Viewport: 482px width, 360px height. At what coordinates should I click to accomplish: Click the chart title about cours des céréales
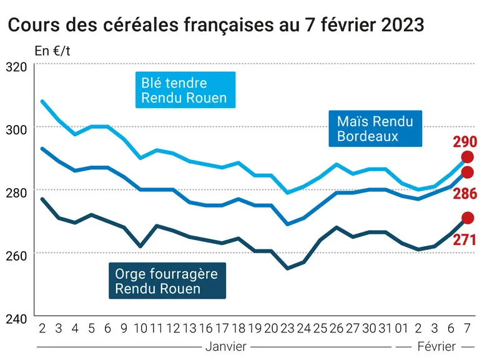click(x=216, y=25)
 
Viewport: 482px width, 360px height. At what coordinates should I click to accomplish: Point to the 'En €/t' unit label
click(x=52, y=51)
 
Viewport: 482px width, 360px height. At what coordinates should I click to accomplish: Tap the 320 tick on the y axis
click(x=17, y=67)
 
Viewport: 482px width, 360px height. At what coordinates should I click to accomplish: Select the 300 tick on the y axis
click(x=17, y=130)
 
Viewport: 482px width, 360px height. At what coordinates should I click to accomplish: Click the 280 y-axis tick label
click(x=17, y=193)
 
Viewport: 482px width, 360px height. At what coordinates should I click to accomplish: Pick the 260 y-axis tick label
click(x=17, y=256)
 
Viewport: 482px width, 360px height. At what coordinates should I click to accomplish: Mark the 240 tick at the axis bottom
click(x=17, y=319)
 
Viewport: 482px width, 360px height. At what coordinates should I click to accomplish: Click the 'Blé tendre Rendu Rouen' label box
click(x=185, y=90)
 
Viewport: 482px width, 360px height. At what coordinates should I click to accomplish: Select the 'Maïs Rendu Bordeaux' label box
click(x=375, y=128)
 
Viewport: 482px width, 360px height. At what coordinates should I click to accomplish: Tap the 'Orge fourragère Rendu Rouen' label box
click(x=167, y=281)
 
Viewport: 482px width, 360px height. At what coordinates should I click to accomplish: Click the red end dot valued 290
click(x=468, y=157)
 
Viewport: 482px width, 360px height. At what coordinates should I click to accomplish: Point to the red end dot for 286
click(x=468, y=172)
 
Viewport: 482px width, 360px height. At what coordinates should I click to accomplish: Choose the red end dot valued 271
click(x=468, y=218)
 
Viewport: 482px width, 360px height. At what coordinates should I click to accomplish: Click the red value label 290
click(x=465, y=142)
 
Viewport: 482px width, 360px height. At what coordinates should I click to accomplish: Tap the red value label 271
click(x=465, y=240)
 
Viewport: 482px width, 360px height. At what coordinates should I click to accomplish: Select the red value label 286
click(x=465, y=194)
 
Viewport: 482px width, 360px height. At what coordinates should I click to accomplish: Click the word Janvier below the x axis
click(x=226, y=347)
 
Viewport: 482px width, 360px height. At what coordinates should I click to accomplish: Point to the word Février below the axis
click(x=436, y=347)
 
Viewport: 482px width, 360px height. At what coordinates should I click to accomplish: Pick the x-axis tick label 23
click(x=287, y=329)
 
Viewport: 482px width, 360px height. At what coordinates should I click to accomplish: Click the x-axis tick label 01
click(x=401, y=329)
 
